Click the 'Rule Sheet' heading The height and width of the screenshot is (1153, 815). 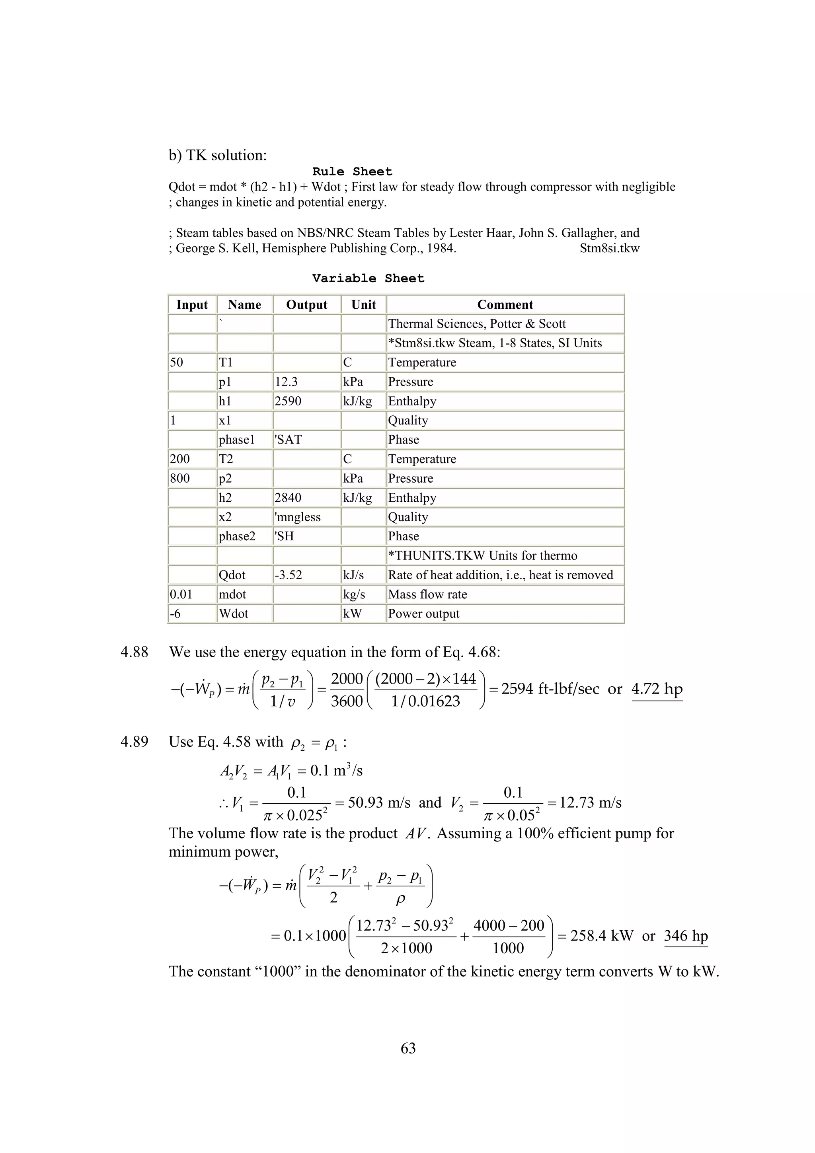click(352, 172)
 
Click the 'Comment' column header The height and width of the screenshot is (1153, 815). click(505, 305)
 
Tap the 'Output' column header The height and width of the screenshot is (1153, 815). click(306, 305)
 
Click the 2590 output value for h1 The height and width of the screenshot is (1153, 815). click(288, 401)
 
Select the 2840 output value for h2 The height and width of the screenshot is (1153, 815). click(288, 498)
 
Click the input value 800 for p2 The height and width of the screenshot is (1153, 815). click(180, 479)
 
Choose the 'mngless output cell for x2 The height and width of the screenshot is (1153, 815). click(298, 517)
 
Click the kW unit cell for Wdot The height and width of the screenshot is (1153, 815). click(353, 614)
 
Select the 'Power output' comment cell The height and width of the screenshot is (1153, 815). click(424, 614)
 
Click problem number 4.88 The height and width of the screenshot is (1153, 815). click(134, 652)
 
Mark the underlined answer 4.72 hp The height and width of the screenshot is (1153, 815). click(657, 689)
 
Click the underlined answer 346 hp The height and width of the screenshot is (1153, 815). click(685, 936)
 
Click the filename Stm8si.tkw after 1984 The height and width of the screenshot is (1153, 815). click(609, 249)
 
